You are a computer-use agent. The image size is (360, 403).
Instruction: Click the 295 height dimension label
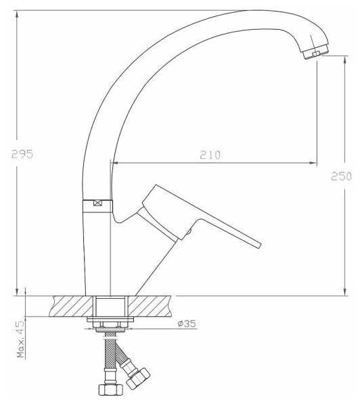[x=22, y=153]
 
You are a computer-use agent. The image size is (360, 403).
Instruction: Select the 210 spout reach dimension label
[x=210, y=155]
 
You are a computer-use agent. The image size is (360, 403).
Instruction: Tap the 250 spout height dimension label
[x=341, y=176]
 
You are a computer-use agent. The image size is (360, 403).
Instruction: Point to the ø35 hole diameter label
[x=187, y=324]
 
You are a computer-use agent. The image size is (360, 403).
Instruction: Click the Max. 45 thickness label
[x=21, y=339]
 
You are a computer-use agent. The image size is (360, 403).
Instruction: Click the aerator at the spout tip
[x=315, y=53]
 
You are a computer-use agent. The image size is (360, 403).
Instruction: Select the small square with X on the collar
[x=97, y=203]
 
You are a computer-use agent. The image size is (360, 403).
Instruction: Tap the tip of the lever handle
[x=259, y=245]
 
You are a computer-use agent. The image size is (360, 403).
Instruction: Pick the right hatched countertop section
[x=149, y=306]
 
